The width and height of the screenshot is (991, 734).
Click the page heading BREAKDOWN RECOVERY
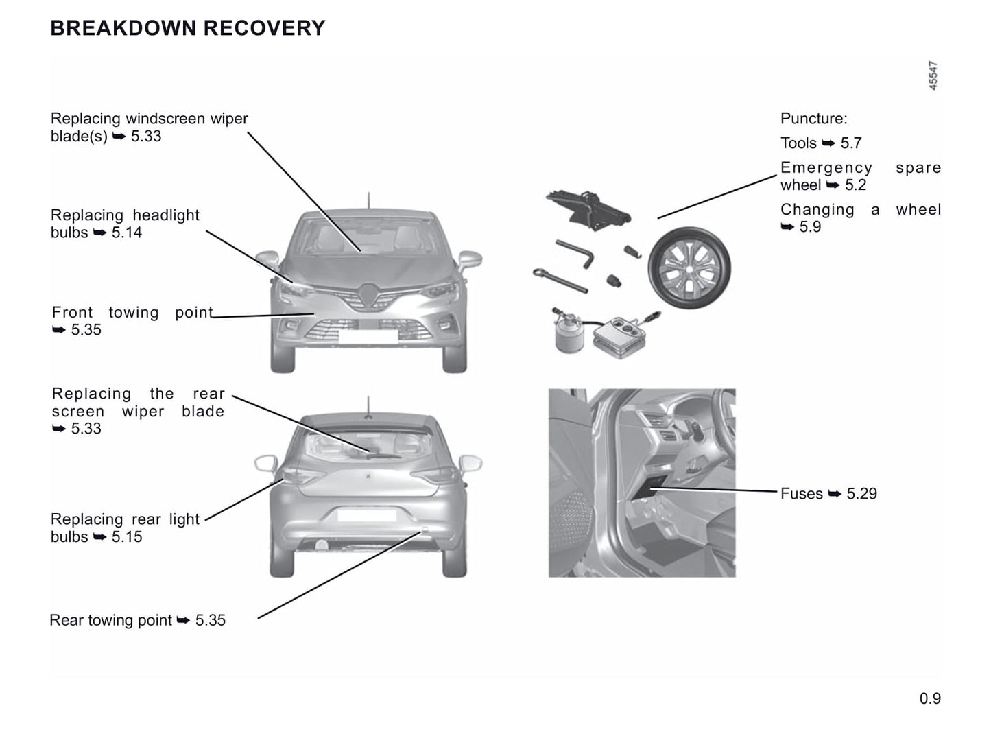(x=188, y=28)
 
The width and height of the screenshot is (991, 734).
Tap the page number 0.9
(x=930, y=698)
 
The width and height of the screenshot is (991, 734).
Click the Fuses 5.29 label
(x=828, y=494)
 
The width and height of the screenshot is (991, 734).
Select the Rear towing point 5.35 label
(x=137, y=620)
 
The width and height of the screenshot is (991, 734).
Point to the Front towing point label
(x=132, y=321)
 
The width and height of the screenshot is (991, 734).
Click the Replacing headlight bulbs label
(x=125, y=224)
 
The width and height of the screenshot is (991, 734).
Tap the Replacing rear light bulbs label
(x=125, y=528)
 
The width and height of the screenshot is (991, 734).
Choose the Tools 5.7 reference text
(x=821, y=143)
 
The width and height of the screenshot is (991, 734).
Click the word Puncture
(x=813, y=119)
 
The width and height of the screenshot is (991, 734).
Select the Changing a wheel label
(x=861, y=218)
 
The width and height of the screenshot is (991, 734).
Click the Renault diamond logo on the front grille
(x=369, y=295)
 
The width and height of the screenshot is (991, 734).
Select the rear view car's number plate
(x=366, y=515)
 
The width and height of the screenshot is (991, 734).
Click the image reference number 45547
(x=933, y=75)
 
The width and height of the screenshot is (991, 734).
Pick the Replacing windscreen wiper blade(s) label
(x=149, y=127)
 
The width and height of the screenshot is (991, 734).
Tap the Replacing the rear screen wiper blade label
(x=138, y=411)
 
